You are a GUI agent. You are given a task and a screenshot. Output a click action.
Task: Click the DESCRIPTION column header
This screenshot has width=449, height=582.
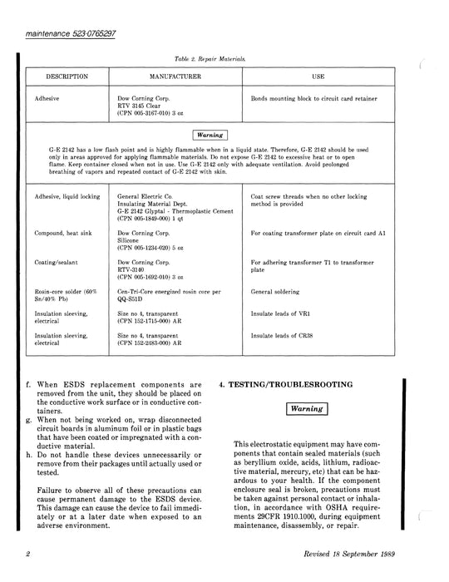[67, 76]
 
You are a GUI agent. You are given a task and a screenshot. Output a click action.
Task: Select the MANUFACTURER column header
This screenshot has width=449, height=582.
[169, 76]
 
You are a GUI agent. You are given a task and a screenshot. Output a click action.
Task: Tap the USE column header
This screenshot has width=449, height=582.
[318, 76]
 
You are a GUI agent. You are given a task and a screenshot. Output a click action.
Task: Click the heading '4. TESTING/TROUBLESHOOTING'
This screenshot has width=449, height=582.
[296, 386]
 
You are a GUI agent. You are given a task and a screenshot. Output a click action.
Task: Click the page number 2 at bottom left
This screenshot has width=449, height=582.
[27, 553]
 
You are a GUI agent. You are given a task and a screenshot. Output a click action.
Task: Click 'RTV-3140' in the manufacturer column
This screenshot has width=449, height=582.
[136, 269]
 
